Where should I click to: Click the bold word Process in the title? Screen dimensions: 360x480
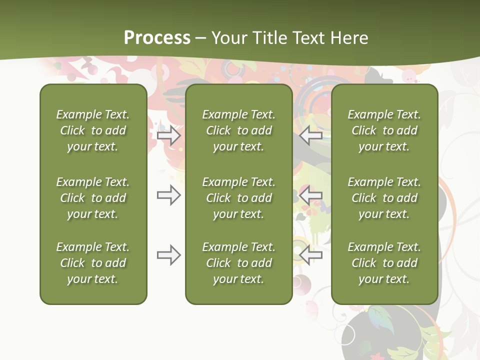(x=157, y=38)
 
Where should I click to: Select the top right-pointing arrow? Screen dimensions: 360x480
(x=169, y=135)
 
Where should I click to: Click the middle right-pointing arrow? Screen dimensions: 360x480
(x=169, y=195)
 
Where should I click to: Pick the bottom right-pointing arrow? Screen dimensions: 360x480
(x=169, y=255)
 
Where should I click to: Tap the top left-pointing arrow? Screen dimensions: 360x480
(x=310, y=135)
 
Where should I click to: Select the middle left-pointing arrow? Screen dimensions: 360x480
(x=310, y=195)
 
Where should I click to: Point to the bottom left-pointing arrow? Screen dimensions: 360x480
(x=310, y=255)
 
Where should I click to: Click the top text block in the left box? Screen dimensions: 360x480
(x=93, y=130)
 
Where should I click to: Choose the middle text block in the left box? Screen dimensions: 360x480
(x=93, y=198)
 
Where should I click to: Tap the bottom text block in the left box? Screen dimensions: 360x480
(x=93, y=263)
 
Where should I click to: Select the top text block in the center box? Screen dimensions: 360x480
(x=238, y=130)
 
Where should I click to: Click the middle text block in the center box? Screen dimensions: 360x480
(x=238, y=198)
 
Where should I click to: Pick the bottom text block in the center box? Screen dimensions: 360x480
(x=238, y=263)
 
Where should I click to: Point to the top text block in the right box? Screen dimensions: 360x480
(x=384, y=130)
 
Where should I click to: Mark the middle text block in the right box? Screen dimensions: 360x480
(x=384, y=198)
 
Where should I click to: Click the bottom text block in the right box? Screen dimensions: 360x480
(x=384, y=263)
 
